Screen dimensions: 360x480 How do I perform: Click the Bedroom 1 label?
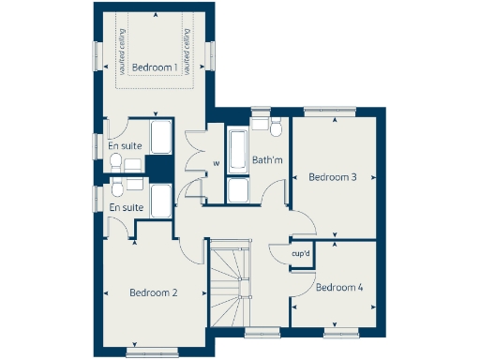154,67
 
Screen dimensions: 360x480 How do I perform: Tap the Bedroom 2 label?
154,292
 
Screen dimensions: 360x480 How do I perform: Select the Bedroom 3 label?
333,177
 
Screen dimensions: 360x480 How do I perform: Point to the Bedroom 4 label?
339,287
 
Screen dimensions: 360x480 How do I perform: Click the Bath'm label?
267,160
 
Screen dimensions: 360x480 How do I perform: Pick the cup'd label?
301,254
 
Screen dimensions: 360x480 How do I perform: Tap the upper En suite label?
125,145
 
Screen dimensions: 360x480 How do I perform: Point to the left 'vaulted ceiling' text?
122,52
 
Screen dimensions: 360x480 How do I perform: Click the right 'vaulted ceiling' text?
187,52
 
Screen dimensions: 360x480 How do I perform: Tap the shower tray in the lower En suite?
160,200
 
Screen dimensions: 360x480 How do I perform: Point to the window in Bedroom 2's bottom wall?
152,352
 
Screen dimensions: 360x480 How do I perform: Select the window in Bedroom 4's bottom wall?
341,331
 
